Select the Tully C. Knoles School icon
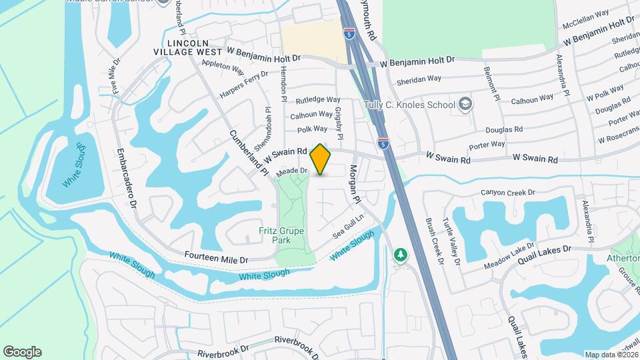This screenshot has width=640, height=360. pyautogui.click(x=465, y=104)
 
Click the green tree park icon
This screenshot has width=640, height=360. pyautogui.click(x=400, y=255)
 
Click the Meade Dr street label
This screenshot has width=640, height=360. pyautogui.click(x=293, y=171)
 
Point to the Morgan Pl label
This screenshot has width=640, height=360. pyautogui.click(x=355, y=184)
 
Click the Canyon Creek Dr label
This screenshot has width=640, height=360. pyautogui.click(x=508, y=193)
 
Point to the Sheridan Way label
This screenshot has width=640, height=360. pyautogui.click(x=419, y=78)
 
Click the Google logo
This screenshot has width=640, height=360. pyautogui.click(x=22, y=352)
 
